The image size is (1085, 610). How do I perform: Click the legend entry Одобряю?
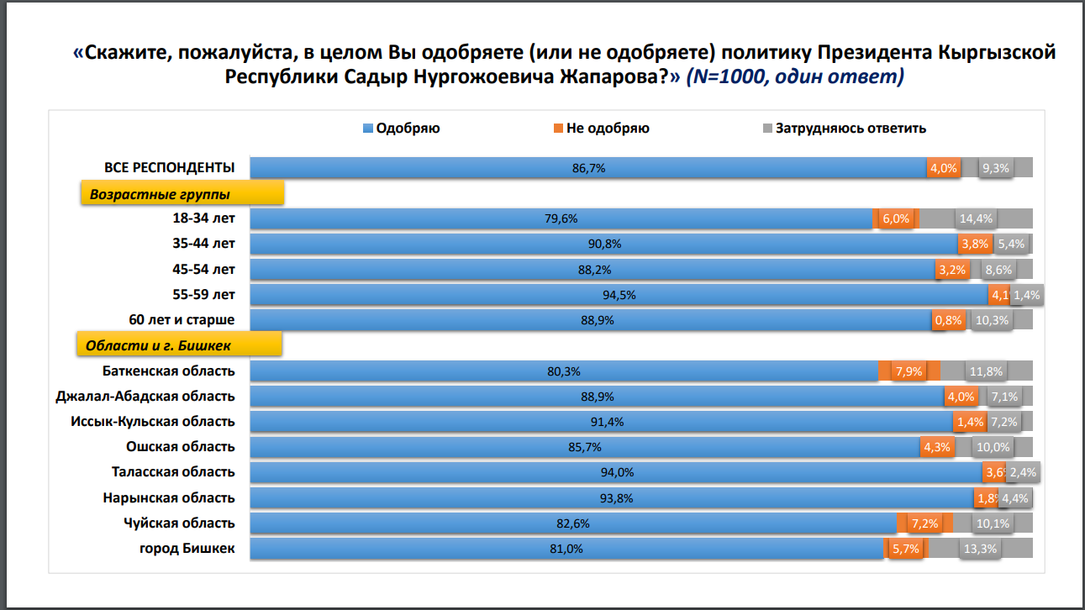tap(408, 129)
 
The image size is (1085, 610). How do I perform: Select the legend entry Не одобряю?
tap(607, 129)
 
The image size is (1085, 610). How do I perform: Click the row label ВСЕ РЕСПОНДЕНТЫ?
tap(169, 167)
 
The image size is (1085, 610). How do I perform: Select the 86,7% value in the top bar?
tap(588, 168)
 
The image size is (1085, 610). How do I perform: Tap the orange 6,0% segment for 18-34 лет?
tap(896, 218)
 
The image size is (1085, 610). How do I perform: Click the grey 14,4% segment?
tap(975, 218)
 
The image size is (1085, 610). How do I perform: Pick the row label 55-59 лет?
tap(203, 294)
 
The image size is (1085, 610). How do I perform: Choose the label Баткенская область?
tap(168, 371)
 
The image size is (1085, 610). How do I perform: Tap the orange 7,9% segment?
tap(909, 371)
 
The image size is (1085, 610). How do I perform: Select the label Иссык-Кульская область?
tap(152, 422)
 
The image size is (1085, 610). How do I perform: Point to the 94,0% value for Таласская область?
tap(617, 472)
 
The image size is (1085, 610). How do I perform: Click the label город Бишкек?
tap(187, 549)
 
